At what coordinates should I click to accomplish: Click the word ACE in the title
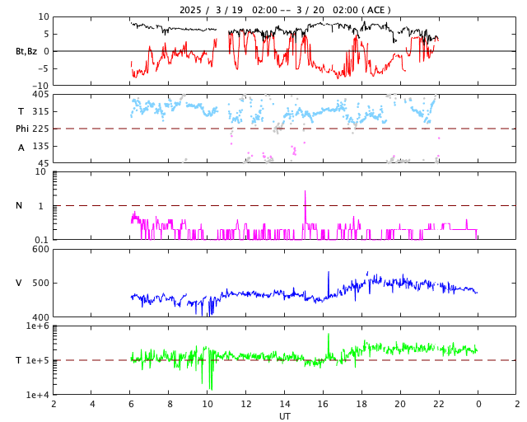376,10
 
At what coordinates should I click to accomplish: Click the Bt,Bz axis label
26,51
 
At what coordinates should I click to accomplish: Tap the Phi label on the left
23,129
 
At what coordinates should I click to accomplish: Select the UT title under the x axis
284,416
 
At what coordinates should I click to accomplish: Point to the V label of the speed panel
19,283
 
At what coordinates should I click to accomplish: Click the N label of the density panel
19,205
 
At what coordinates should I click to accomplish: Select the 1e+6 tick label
37,326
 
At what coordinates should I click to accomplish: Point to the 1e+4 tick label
37,395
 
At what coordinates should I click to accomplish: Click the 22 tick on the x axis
439,404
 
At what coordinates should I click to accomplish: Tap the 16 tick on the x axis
323,404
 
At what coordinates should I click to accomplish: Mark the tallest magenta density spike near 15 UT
305,192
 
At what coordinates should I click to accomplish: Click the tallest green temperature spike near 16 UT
329,335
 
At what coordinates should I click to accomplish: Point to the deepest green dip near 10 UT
210,388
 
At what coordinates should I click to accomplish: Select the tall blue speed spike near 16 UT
329,273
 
